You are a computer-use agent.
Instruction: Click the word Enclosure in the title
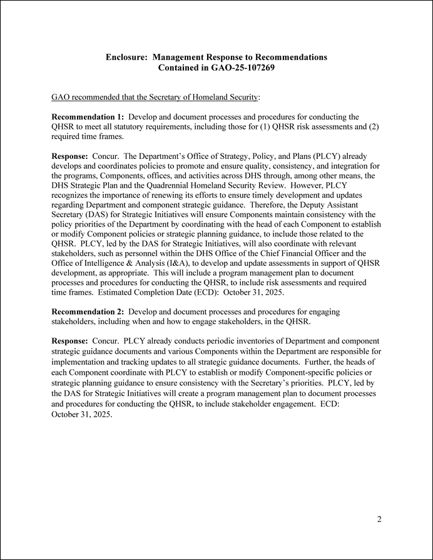126,57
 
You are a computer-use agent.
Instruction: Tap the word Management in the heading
179,57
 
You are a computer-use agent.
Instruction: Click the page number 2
379,519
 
